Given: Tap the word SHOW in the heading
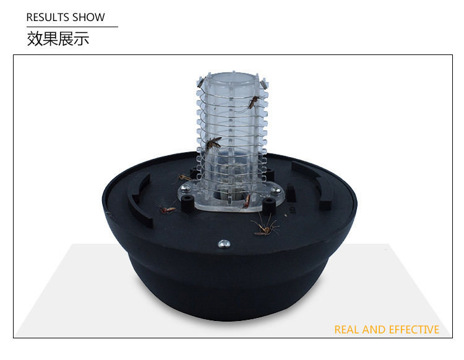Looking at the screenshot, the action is coord(88,17).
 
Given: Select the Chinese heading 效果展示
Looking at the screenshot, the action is coord(58,39).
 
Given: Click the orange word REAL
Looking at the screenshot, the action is coord(347,330).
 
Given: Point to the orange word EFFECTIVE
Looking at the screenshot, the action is coord(414,330).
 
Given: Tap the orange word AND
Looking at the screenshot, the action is coord(374,330).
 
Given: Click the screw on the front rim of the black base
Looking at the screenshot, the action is coord(224,244).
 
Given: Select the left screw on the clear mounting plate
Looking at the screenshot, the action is coord(186,188).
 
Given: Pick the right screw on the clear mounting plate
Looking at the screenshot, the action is coord(276,191).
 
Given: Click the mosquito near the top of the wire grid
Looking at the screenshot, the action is coord(253,102).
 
